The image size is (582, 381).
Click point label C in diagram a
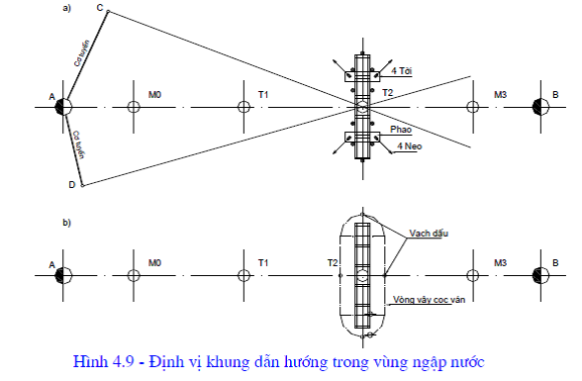(100, 8)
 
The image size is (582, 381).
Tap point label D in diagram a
(72, 185)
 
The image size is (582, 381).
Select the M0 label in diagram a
(154, 95)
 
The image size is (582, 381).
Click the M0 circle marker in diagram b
(134, 276)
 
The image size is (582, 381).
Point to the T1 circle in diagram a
(243, 107)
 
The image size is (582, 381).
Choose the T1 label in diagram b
(263, 263)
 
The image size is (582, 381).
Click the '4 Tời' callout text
(402, 71)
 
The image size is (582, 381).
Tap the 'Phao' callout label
(401, 130)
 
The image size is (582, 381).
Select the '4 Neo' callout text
(410, 146)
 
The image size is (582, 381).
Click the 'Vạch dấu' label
(429, 234)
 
